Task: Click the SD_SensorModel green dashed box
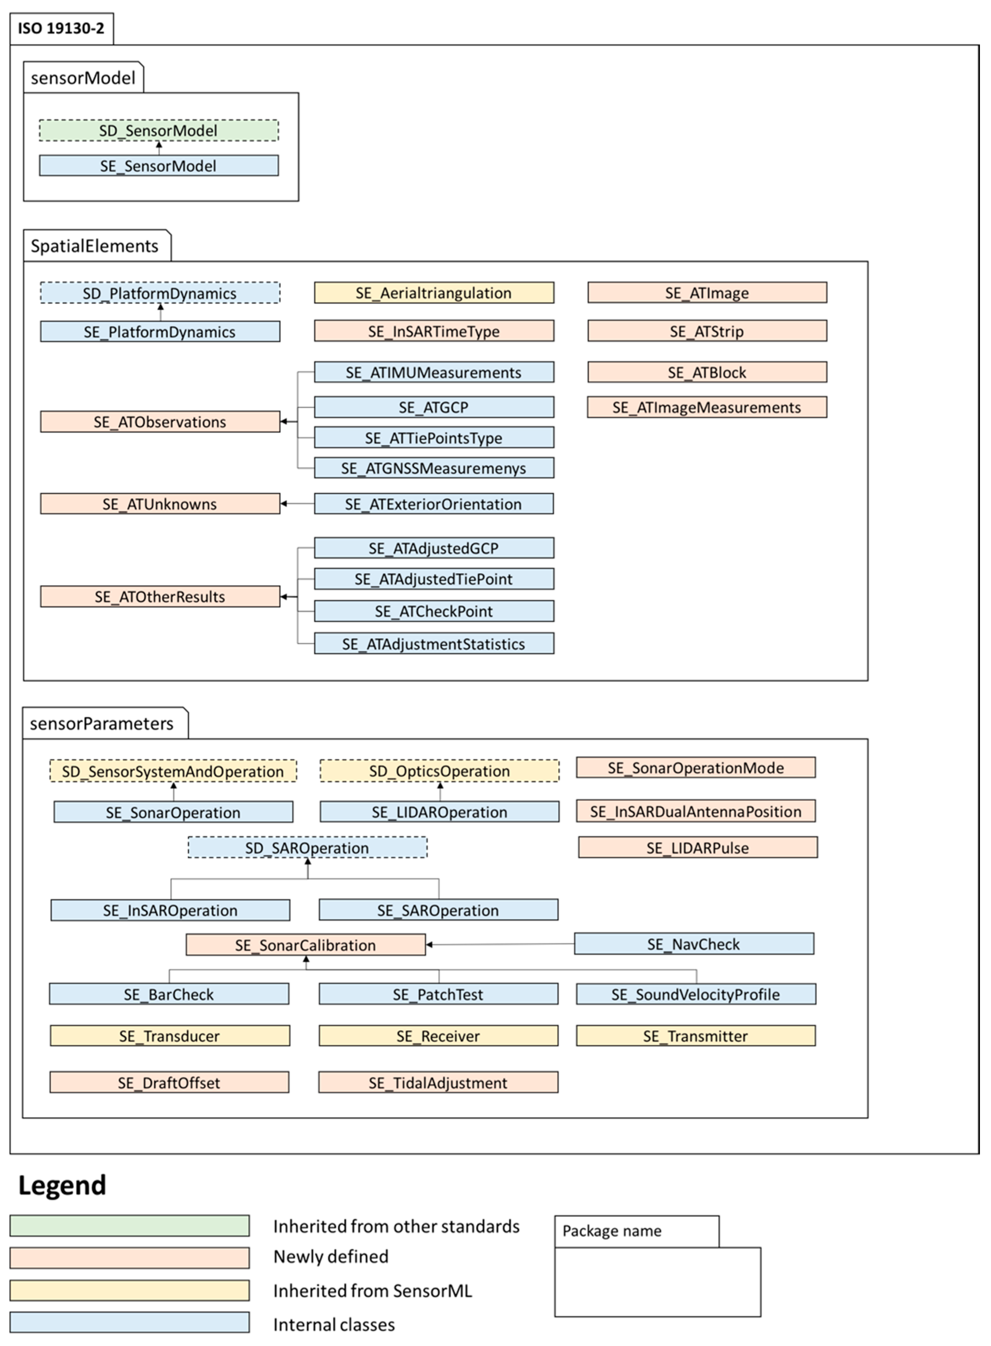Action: [x=158, y=130]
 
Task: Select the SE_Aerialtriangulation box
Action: [x=434, y=293]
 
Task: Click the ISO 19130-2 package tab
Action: [x=61, y=28]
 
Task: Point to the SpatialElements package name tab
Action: [x=95, y=246]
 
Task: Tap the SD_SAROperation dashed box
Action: [x=307, y=847]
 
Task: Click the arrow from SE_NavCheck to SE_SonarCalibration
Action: [x=498, y=944]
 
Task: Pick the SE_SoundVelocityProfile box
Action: [x=696, y=994]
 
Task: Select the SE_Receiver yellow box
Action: [x=439, y=1036]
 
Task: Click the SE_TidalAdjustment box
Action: [x=439, y=1083]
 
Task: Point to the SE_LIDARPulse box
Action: [x=698, y=847]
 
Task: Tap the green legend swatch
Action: [x=129, y=1226]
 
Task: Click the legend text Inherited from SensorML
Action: [x=373, y=1290]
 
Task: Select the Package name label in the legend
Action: [x=612, y=1231]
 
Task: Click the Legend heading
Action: [x=62, y=1185]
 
